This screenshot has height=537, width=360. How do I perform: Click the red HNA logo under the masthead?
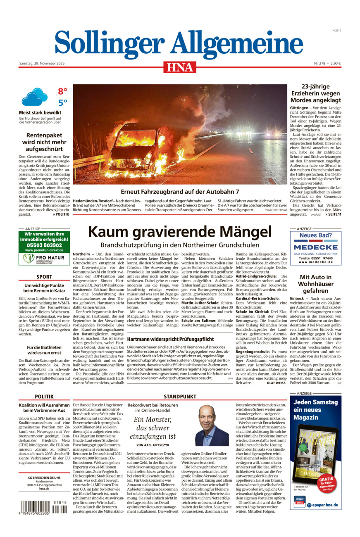pos(179,67)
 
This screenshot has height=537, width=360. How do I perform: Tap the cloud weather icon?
pos(35,97)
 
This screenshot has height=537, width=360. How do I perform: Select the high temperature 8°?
pos(62,91)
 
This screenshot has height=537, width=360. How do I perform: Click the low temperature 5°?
pos(62,103)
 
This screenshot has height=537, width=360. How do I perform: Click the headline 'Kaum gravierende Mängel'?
pos(180,232)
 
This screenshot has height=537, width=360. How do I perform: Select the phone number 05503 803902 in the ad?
pos(44,245)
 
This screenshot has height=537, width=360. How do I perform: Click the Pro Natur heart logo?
pos(29,259)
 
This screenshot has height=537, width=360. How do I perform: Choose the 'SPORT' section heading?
pos(44,277)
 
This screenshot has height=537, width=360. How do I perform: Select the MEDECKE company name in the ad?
pos(316,247)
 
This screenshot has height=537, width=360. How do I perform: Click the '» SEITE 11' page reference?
pos(333,214)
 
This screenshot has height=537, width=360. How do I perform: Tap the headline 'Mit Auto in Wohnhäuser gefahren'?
pos(315,284)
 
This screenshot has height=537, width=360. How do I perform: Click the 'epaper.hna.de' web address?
pos(325,505)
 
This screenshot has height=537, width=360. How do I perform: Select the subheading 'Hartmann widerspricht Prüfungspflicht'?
pos(156,338)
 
